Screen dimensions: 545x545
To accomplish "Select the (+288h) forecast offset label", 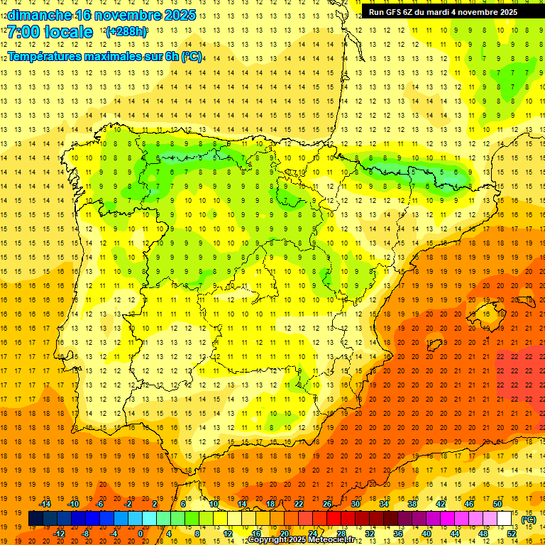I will point(126,33).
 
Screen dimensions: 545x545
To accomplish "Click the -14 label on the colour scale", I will point(45,504).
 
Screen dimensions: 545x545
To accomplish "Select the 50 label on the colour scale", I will point(497,504).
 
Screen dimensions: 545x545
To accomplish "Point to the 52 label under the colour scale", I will point(512,534).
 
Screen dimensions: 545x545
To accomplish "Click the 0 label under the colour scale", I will point(141,534).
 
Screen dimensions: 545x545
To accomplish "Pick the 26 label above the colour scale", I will point(326,504).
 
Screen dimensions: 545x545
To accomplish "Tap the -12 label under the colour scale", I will point(59,534).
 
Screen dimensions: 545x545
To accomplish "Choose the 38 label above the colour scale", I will point(412,504).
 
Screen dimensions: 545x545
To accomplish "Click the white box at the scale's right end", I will point(505,519).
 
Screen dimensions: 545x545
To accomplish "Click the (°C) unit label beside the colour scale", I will point(529,519).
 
